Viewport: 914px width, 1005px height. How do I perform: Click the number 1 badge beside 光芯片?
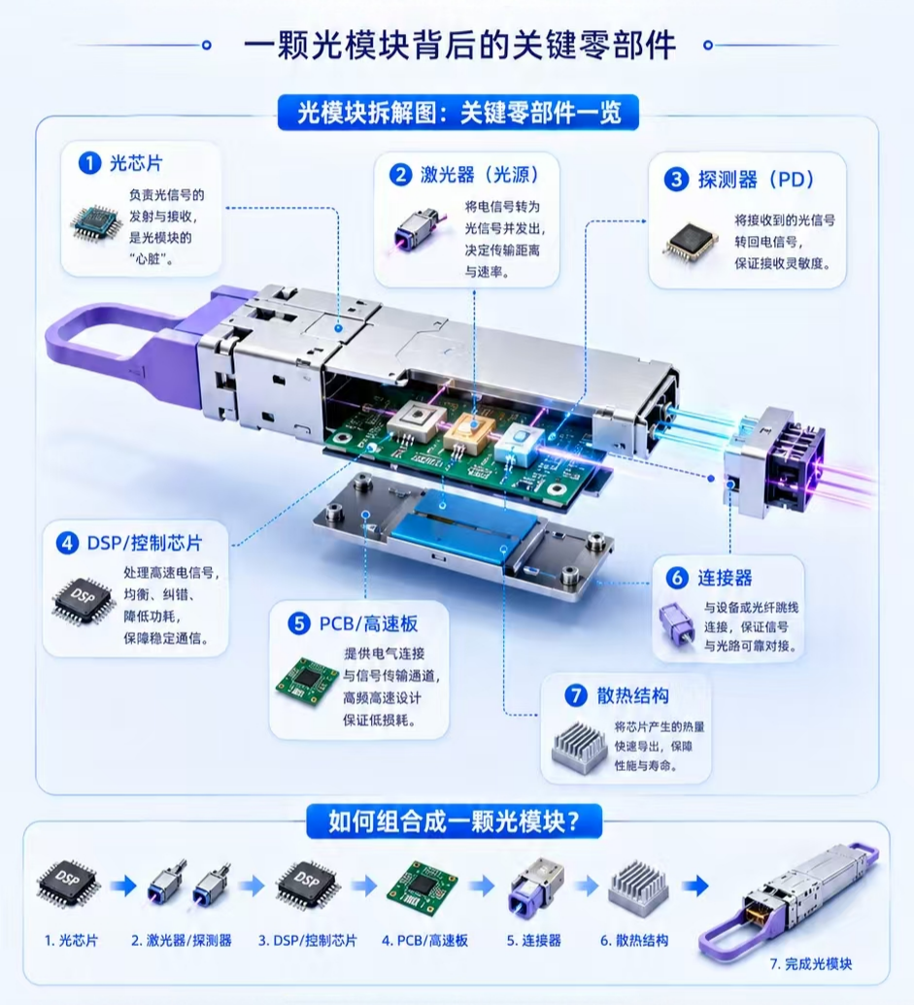pos(89,163)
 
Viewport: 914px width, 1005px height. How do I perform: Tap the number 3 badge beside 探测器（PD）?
pos(676,180)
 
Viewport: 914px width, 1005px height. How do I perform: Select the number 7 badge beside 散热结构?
pos(576,695)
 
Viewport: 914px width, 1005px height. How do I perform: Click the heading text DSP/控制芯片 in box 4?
pos(145,543)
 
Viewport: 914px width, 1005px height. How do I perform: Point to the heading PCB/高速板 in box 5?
pos(368,623)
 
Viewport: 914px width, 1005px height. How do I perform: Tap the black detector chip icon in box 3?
pos(691,244)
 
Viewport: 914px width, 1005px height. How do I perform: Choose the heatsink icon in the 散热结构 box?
pos(580,746)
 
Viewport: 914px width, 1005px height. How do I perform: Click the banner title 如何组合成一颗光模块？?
pos(454,821)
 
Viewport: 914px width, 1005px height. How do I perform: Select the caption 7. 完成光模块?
pos(811,963)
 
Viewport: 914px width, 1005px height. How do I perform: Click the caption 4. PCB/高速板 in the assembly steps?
pos(425,940)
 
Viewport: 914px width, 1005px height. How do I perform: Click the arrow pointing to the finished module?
pos(694,887)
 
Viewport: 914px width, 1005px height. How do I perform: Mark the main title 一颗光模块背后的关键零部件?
pos(459,46)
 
